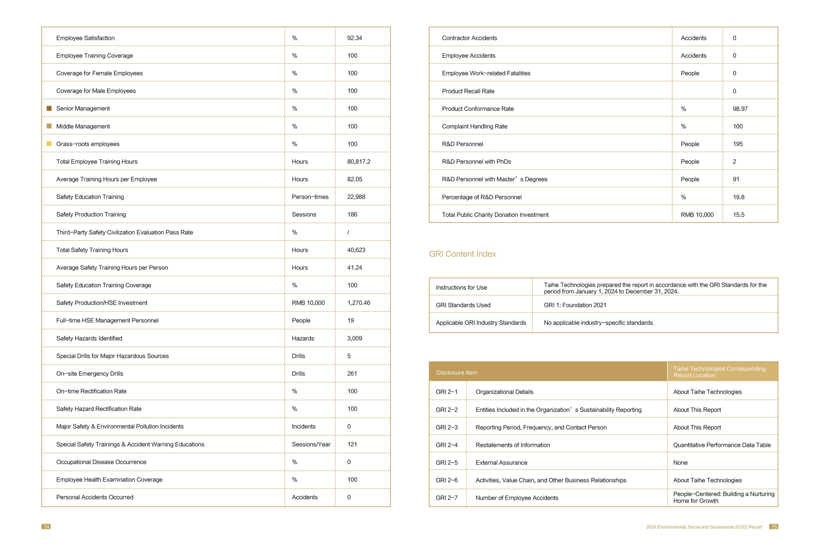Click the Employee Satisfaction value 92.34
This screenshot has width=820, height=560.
click(x=354, y=38)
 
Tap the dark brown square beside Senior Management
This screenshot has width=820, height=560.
click(x=49, y=108)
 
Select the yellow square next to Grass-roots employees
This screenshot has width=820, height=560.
click(x=49, y=144)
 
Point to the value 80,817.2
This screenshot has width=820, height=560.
click(x=358, y=162)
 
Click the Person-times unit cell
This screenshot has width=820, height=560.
click(x=310, y=197)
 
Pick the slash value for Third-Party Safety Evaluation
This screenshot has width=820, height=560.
click(x=348, y=232)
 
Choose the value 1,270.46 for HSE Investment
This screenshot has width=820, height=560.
click(x=358, y=303)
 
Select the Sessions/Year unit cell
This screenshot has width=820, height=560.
click(x=311, y=444)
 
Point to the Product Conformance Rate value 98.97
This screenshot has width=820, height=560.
click(x=740, y=109)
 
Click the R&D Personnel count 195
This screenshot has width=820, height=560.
click(x=738, y=144)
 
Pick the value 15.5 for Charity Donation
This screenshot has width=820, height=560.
click(x=738, y=214)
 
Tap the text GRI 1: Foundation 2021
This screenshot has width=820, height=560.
click(x=575, y=305)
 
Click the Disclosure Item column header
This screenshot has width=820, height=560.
click(x=456, y=373)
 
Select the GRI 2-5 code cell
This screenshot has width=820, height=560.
click(x=446, y=463)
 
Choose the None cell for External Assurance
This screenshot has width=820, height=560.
click(x=680, y=463)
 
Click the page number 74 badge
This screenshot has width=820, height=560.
click(x=46, y=526)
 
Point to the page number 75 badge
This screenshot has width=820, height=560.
click(x=774, y=526)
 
